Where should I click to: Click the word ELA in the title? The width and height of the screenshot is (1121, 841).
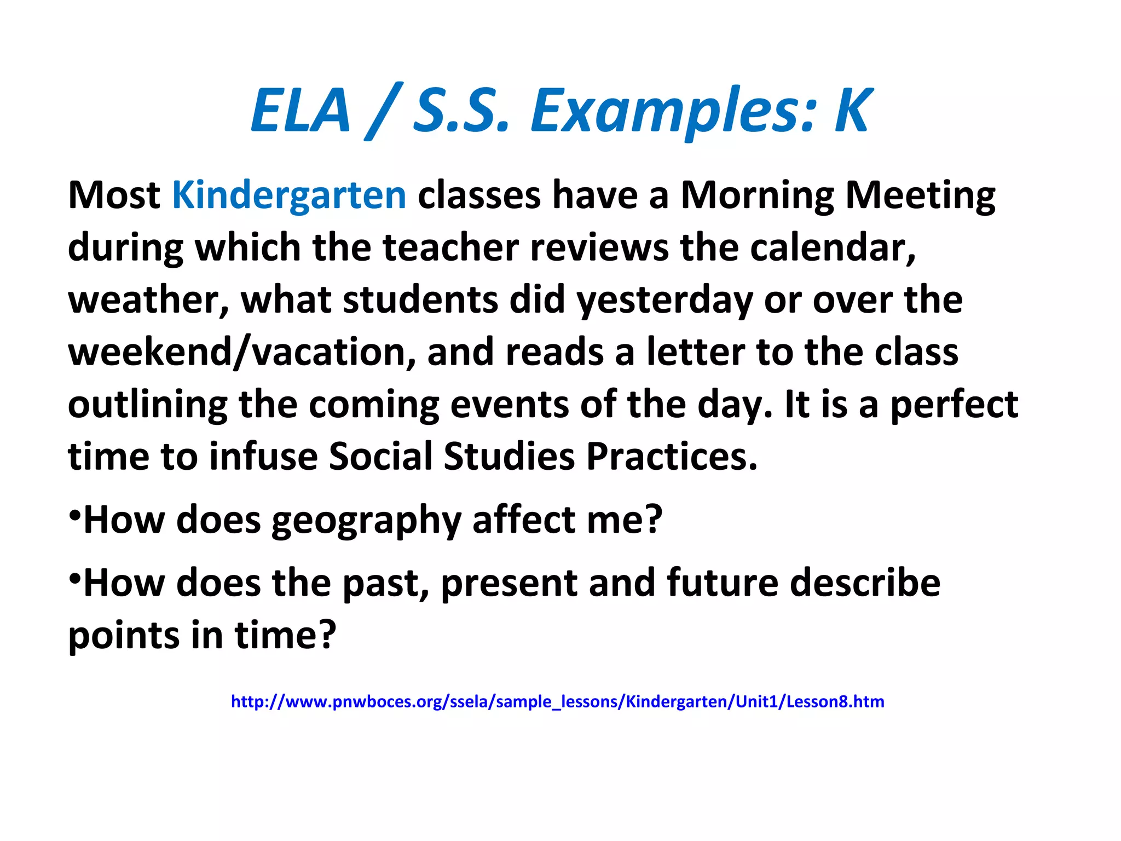(x=300, y=111)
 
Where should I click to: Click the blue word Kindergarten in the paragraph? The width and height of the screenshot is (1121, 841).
(x=289, y=195)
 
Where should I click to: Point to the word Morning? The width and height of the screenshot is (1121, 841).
(x=758, y=195)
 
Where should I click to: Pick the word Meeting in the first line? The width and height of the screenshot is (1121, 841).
(x=921, y=195)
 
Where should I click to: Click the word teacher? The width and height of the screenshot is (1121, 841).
(x=450, y=247)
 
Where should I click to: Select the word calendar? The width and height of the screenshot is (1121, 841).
(x=833, y=247)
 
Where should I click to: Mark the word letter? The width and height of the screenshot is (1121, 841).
(x=696, y=352)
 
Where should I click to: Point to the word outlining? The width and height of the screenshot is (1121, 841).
(x=148, y=405)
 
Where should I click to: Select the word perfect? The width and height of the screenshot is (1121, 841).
(x=955, y=405)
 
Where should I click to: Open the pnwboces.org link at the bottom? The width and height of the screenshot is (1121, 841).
(x=557, y=701)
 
